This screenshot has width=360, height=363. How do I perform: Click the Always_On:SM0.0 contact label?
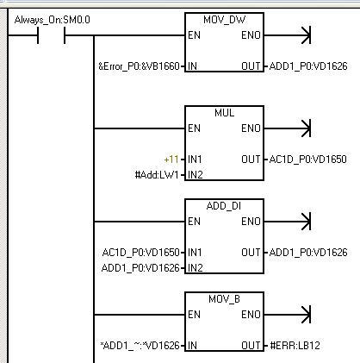(x=52, y=20)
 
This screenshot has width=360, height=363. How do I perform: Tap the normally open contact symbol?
(x=51, y=35)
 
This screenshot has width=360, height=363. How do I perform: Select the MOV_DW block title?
(x=224, y=20)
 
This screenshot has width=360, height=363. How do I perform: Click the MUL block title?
(x=224, y=113)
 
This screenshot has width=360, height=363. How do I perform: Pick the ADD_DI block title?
(x=224, y=206)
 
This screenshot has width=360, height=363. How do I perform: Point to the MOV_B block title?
(x=224, y=299)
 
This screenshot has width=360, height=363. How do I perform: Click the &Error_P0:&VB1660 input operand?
(x=139, y=66)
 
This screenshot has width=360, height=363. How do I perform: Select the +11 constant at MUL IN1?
(x=171, y=160)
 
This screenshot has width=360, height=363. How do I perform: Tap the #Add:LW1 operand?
(x=157, y=175)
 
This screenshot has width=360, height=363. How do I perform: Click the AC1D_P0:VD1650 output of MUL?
(x=308, y=160)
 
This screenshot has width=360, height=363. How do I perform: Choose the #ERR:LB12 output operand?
(x=295, y=346)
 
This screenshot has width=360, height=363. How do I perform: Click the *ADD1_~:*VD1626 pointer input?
(x=140, y=346)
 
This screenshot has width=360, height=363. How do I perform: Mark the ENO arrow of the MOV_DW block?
(x=287, y=35)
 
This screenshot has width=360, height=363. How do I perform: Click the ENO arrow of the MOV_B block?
(x=287, y=315)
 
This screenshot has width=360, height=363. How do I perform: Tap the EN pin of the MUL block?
(x=194, y=128)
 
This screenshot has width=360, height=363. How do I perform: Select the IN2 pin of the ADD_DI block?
(x=196, y=268)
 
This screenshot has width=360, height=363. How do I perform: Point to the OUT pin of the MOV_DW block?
(x=251, y=66)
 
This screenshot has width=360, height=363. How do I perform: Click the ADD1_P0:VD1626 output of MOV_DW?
(x=308, y=66)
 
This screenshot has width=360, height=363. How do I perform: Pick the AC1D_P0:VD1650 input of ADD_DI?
(x=141, y=253)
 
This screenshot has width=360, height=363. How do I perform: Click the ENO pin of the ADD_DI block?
(x=251, y=222)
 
